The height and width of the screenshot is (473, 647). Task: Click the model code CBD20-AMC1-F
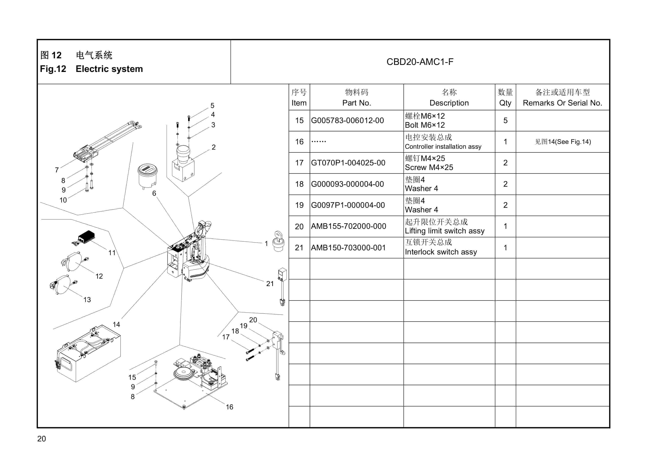[x=420, y=62]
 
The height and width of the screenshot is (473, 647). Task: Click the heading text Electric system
[x=109, y=69]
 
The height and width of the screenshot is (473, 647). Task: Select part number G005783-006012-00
[x=347, y=120]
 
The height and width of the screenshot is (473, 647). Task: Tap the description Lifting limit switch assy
[x=444, y=231]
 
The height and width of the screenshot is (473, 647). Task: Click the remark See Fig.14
[x=563, y=142]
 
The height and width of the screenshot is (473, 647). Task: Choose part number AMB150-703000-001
[x=348, y=248]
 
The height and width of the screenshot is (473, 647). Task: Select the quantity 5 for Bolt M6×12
[x=505, y=120]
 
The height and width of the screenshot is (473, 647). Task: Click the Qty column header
[x=505, y=103]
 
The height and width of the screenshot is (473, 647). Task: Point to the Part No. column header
[x=357, y=103]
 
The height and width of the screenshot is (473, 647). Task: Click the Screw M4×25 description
[x=429, y=167]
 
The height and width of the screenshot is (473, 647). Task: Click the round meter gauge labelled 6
[x=147, y=175]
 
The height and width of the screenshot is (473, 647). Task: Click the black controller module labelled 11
[x=86, y=237]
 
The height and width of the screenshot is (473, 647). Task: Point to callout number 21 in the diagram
[x=270, y=284]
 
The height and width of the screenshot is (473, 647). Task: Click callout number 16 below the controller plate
[x=229, y=407]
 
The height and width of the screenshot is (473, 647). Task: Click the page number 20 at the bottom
[x=41, y=439]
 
